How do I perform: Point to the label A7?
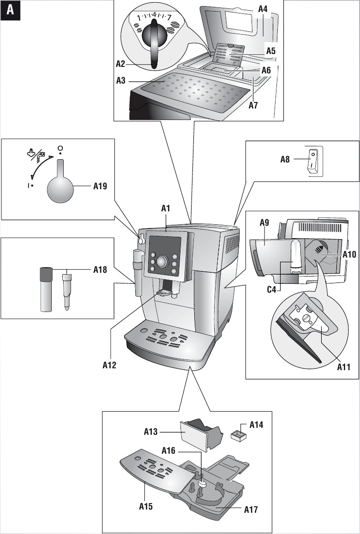pyautogui.click(x=253, y=105)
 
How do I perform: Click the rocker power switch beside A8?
pyautogui.click(x=314, y=161)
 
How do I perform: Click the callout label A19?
pyautogui.click(x=100, y=186)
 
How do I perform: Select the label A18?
pyautogui.click(x=100, y=270)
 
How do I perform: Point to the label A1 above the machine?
pyautogui.click(x=166, y=209)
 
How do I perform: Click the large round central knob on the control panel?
pyautogui.click(x=162, y=261)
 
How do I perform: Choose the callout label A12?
pyautogui.click(x=109, y=366)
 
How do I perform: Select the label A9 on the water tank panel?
pyautogui.click(x=264, y=222)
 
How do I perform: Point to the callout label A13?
pyautogui.click(x=151, y=432)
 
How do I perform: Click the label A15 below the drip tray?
pyautogui.click(x=146, y=506)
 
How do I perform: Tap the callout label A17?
pyautogui.click(x=251, y=510)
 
